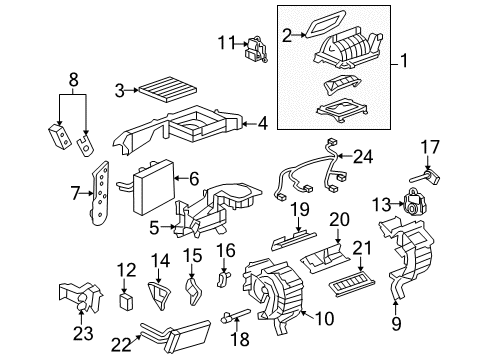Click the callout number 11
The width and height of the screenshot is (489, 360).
pyautogui.click(x=225, y=41)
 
